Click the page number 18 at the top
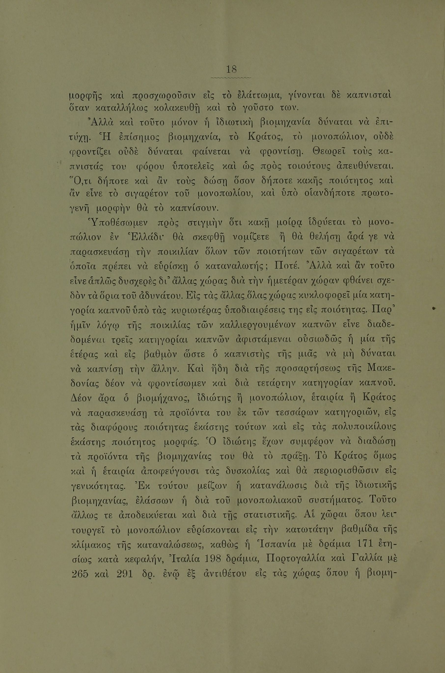coord(231,69)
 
